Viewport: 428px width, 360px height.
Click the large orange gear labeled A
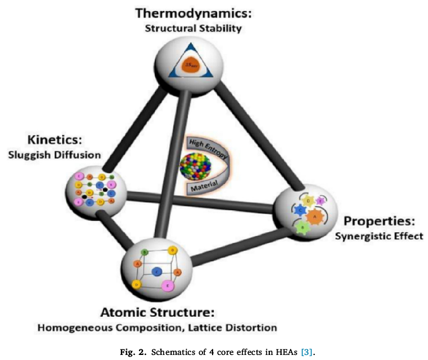(x=315, y=215)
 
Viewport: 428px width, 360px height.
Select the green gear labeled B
(x=303, y=227)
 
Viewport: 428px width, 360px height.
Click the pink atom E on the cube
(x=167, y=285)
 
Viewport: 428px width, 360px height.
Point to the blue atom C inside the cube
(x=158, y=271)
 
